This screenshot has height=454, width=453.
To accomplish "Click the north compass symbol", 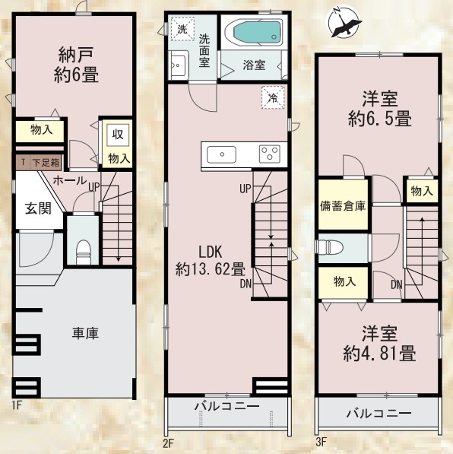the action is pyautogui.click(x=343, y=22).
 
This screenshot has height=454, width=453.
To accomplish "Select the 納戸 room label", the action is pyautogui.click(x=76, y=65).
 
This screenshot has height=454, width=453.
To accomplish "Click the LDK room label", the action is pyautogui.click(x=210, y=260).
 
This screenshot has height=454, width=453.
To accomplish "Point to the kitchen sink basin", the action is pyautogui.click(x=221, y=154).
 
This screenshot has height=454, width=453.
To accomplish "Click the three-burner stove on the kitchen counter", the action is pyautogui.click(x=270, y=154).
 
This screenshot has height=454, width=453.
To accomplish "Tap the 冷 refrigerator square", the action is pyautogui.click(x=273, y=98).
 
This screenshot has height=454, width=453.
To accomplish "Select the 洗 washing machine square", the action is pyautogui.click(x=182, y=29).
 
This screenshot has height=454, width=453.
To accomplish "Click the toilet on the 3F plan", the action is pyautogui.click(x=330, y=248).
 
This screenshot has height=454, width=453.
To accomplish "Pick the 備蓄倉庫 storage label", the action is pyautogui.click(x=343, y=206).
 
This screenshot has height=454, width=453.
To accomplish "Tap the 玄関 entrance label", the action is pyautogui.click(x=38, y=208).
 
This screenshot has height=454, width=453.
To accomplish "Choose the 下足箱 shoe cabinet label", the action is pyautogui.click(x=46, y=163).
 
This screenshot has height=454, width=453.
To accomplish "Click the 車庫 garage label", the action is pyautogui.click(x=85, y=333).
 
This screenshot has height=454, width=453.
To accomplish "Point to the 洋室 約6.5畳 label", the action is pyautogui.click(x=380, y=109).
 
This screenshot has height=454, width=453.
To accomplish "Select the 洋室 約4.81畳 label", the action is pyautogui.click(x=380, y=344).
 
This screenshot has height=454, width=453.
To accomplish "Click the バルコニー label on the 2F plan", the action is pyautogui.click(x=226, y=407).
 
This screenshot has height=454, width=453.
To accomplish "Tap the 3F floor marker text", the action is pyautogui.click(x=322, y=442).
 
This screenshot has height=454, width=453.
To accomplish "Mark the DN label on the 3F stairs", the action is pyautogui.click(x=397, y=285).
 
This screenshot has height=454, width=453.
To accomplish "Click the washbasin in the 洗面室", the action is pyautogui.click(x=179, y=65).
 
